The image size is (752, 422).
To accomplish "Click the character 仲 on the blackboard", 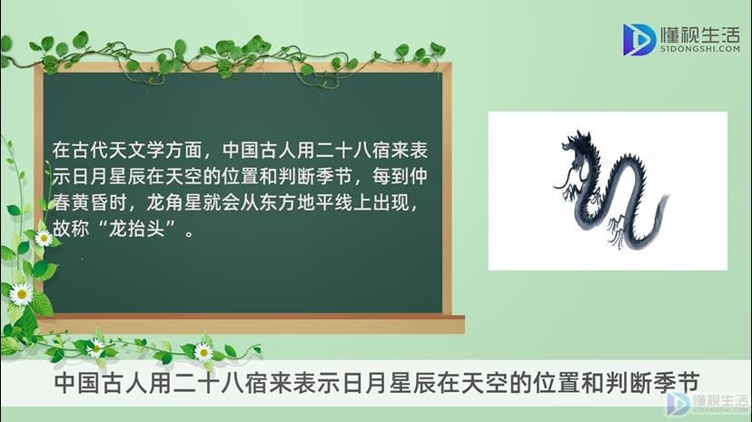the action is click(418, 176).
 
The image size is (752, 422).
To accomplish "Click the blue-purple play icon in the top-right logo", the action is click(638, 40).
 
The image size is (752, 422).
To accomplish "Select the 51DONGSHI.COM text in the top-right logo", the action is click(699, 49).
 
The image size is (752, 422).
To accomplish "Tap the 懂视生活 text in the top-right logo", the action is click(699, 34).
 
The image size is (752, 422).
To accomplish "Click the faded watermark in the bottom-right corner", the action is click(707, 404).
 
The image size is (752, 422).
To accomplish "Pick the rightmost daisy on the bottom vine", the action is click(203, 352).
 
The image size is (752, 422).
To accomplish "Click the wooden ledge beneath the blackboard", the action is click(252, 324).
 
